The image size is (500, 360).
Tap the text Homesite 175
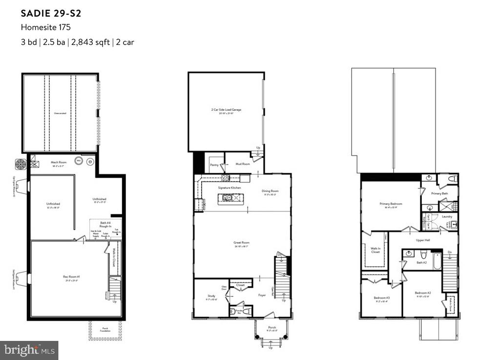(45, 27)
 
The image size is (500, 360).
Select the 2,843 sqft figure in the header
(90, 42)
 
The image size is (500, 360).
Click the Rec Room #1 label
(72, 277)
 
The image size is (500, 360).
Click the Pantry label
(213, 165)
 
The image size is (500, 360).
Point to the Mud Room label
(242, 165)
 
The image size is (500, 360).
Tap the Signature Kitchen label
(229, 187)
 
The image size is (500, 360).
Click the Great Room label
(242, 242)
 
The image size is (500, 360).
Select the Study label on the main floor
(211, 296)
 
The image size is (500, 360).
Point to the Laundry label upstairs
(447, 216)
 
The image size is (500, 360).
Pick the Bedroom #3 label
(381, 297)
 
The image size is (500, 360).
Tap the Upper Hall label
(423, 240)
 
